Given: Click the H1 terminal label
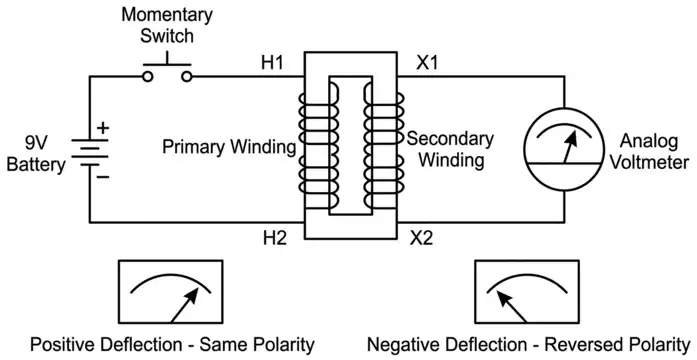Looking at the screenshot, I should tap(273, 63).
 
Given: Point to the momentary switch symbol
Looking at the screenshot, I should tap(167, 72).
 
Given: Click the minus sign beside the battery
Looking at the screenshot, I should tap(103, 176).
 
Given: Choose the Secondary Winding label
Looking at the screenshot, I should tap(449, 148).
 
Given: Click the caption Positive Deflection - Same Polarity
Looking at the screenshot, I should tap(172, 345).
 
